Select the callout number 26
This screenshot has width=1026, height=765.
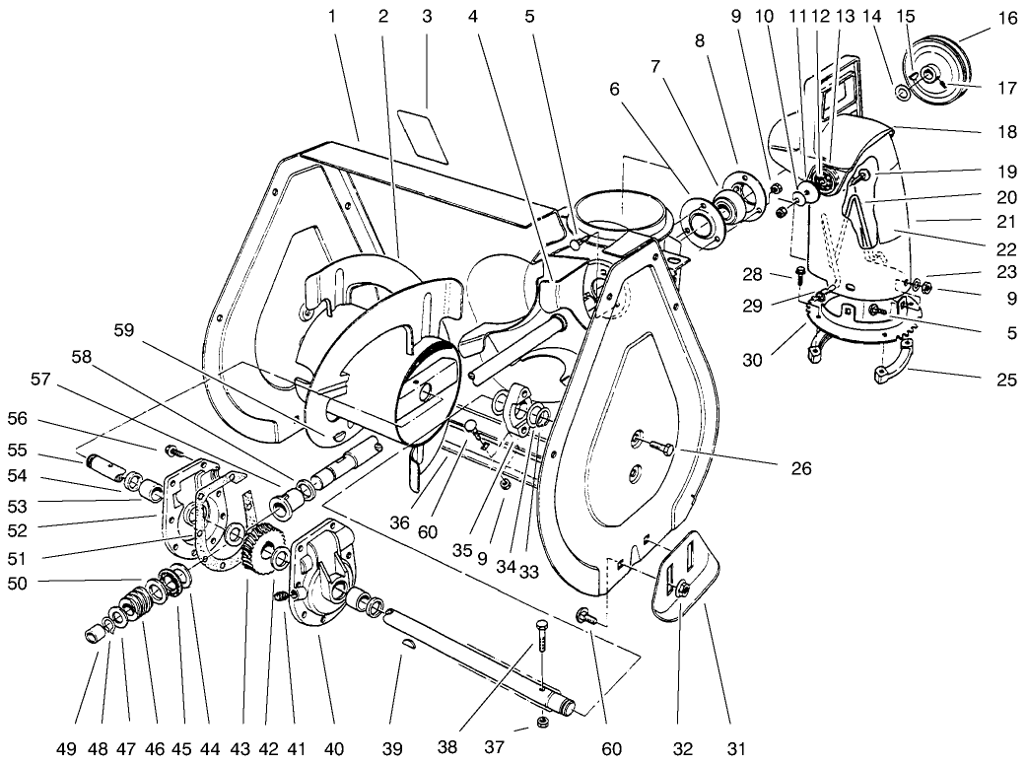click(x=801, y=468)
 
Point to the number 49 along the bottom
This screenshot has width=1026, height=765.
click(x=66, y=749)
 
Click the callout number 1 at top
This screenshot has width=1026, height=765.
click(x=332, y=17)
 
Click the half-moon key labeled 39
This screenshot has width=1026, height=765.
click(x=409, y=645)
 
